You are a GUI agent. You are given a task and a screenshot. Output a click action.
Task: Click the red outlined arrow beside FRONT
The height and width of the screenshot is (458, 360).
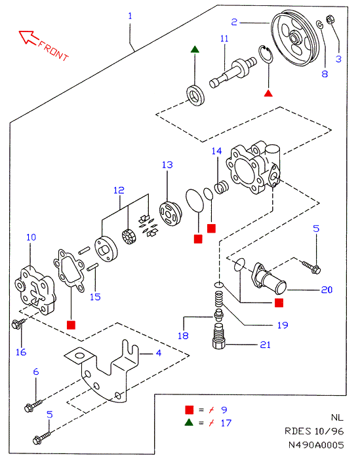[28, 37]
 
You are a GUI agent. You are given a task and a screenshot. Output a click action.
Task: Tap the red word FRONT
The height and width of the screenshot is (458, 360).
[54, 51]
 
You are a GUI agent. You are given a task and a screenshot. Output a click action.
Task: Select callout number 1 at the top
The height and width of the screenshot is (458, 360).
[130, 16]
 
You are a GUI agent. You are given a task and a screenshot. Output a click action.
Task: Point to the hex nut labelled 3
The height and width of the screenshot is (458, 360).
[330, 20]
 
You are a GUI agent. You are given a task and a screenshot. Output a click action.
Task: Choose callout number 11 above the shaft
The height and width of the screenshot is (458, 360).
[224, 39]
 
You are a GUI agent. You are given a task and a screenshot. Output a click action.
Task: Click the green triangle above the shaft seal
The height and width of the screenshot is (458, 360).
[195, 49]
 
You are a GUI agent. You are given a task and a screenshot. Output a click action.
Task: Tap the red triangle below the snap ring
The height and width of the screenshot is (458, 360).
[268, 93]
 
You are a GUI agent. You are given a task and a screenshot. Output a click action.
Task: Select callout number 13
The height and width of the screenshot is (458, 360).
[167, 164]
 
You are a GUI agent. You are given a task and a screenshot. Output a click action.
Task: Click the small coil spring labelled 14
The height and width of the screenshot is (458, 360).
[222, 187]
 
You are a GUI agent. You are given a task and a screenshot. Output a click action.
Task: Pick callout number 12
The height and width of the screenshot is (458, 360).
[119, 191]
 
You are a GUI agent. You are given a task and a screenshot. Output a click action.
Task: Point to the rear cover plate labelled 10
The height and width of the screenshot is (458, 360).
[35, 290]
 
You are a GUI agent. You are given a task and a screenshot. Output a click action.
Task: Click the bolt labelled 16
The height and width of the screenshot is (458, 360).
[18, 324]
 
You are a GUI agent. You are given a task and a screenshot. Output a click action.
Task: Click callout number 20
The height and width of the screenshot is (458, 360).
[327, 290]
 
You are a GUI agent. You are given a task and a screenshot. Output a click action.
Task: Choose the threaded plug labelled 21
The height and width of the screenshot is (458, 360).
[220, 335]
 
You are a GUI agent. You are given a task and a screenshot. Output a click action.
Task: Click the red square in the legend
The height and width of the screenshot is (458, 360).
[190, 410]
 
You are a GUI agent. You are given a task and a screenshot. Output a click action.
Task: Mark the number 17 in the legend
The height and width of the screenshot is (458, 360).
[226, 423]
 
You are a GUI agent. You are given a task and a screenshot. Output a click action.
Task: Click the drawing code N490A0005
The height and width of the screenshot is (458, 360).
[316, 444]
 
